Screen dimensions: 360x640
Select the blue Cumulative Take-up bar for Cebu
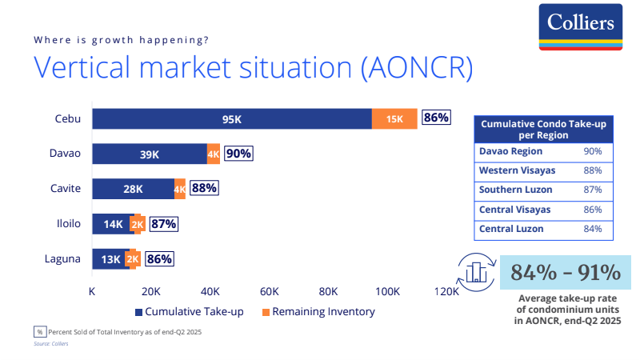coord(231,118)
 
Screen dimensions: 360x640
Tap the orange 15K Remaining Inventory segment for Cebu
coord(394,118)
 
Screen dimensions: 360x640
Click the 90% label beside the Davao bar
coord(238,154)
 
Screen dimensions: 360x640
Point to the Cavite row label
coord(67,189)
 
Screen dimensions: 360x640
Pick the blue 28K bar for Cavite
coord(133,189)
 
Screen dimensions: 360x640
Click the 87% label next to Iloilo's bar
coord(163,224)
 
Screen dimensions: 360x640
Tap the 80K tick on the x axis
coord(328,291)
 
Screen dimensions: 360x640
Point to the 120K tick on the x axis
coord(446,291)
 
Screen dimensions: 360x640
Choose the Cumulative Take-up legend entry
coord(192,311)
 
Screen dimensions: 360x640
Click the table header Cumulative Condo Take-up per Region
coord(544,130)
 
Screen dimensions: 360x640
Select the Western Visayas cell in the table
coord(517,170)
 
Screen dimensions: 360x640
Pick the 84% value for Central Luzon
coord(593,229)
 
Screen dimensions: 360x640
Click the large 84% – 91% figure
coord(566,273)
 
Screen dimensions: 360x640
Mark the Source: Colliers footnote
coord(50,343)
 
